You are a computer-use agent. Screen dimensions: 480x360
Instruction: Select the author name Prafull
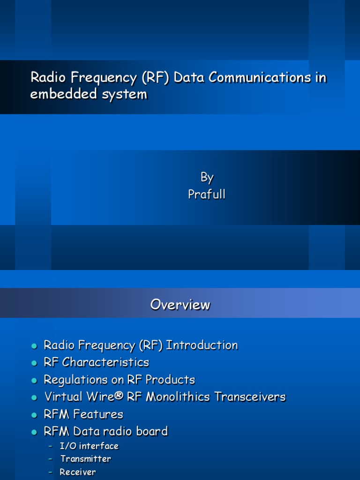[x=207, y=194]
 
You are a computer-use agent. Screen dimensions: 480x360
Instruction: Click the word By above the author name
[x=207, y=177]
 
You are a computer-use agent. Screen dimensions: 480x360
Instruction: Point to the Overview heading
[x=180, y=305]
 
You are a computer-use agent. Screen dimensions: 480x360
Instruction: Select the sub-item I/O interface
[x=89, y=446]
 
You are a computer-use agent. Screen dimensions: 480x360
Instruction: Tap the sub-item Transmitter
[x=85, y=459]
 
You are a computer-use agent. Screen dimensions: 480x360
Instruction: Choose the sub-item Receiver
[x=77, y=472]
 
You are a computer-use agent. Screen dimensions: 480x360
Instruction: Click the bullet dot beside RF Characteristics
[x=34, y=363]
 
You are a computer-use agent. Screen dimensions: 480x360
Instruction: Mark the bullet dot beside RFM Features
[x=34, y=415]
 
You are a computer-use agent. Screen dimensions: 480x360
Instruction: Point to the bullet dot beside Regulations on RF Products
[x=34, y=381]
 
